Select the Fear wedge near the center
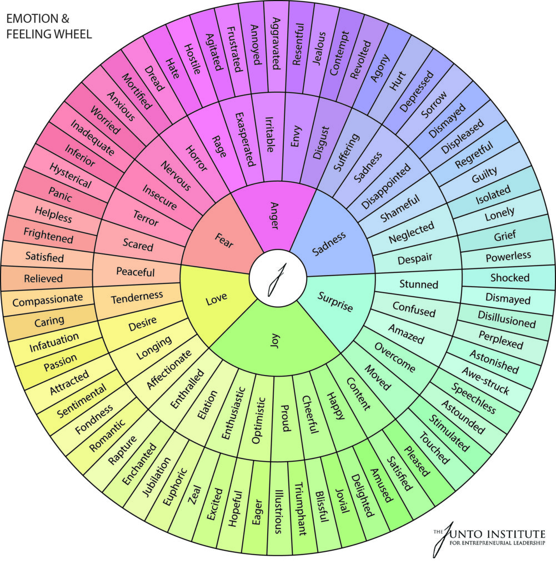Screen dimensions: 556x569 221,238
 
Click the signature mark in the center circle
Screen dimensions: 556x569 278,279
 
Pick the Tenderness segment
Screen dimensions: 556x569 137,298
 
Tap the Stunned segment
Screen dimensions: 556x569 418,284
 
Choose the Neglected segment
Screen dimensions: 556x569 412,232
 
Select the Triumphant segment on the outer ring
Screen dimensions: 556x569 299,508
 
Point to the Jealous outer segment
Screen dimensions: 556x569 320,48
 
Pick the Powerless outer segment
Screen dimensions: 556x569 508,257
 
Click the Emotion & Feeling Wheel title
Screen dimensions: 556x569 49,26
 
